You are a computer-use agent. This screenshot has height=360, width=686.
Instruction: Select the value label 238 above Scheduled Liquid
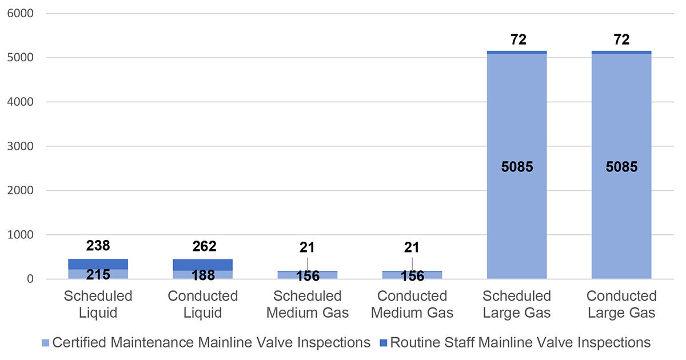tap(98, 246)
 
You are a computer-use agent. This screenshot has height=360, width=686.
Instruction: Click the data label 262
tap(204, 246)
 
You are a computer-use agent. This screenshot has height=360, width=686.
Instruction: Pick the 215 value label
tap(98, 275)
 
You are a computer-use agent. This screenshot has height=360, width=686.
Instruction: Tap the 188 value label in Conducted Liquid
tap(204, 275)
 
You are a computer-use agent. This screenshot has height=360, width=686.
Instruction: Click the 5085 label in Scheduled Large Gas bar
tap(516, 167)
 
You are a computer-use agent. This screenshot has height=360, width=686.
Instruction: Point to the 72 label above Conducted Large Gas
tap(621, 40)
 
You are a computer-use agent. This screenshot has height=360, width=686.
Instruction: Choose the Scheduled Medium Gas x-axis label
tap(307, 304)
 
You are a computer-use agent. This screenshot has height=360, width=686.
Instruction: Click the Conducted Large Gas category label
tap(621, 304)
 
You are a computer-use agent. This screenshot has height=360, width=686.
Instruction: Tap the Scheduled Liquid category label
tap(98, 304)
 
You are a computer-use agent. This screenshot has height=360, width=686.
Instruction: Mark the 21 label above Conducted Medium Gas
tap(412, 247)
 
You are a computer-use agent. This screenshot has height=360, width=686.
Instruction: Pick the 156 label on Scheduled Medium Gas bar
tap(307, 276)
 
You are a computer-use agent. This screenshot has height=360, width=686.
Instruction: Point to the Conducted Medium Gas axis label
tap(412, 304)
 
